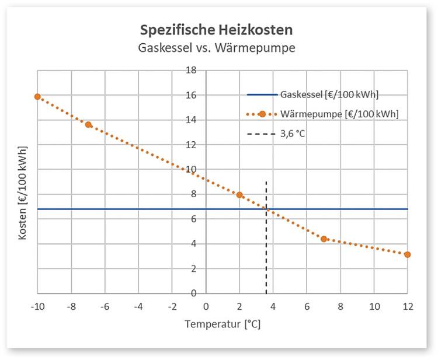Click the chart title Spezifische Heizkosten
tap(217, 29)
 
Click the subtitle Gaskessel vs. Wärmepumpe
tap(217, 47)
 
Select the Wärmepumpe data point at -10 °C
tap(37, 97)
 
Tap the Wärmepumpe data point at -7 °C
tap(88, 124)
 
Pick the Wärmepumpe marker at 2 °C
tap(239, 195)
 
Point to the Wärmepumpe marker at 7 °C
tap(324, 239)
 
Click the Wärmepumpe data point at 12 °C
tap(407, 254)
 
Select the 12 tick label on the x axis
tap(408, 306)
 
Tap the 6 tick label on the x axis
tap(307, 306)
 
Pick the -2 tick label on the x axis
tap(172, 306)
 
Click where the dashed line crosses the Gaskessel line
tap(266, 209)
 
